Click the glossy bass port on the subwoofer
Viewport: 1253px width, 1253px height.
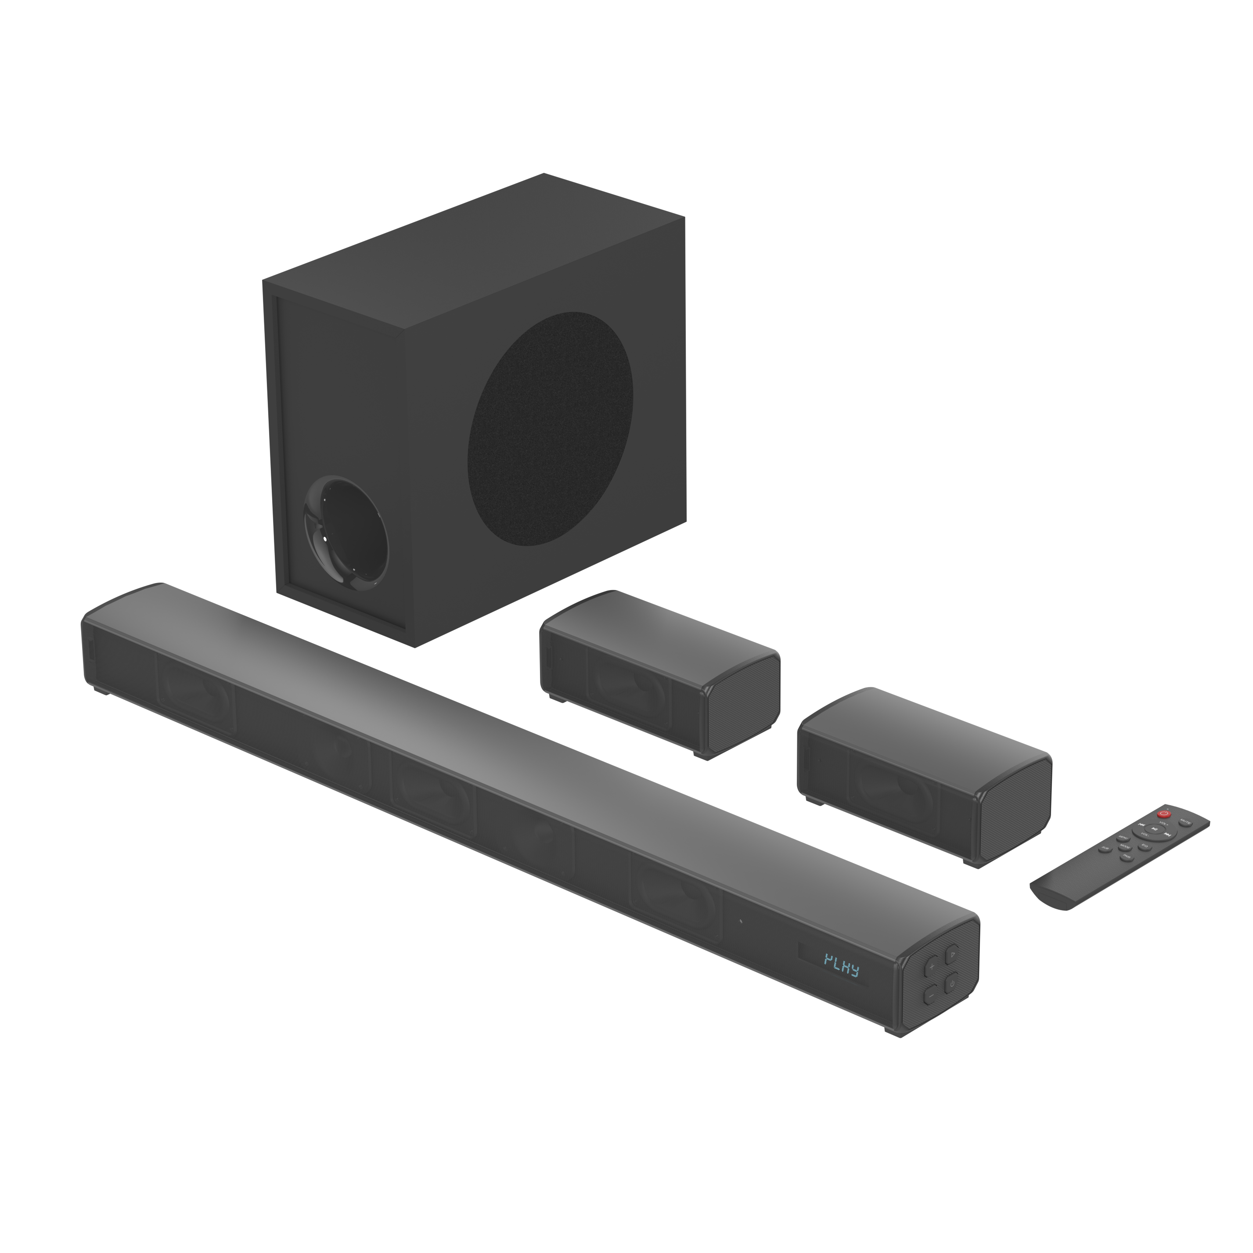[x=347, y=534]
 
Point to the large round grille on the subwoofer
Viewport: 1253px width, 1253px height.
[x=550, y=428]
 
